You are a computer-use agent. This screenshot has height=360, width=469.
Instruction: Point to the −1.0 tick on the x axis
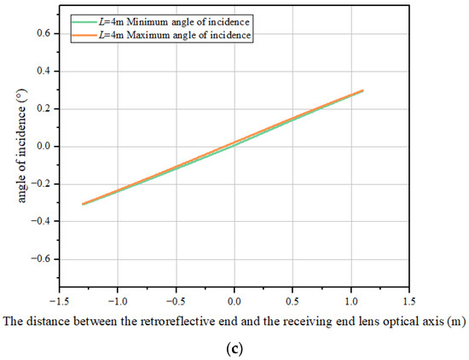(116, 301)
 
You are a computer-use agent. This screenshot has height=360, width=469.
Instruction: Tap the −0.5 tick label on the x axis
(175, 301)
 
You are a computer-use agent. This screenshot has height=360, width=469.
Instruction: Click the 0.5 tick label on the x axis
(292, 301)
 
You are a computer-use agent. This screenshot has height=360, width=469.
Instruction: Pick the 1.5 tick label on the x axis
(409, 301)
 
